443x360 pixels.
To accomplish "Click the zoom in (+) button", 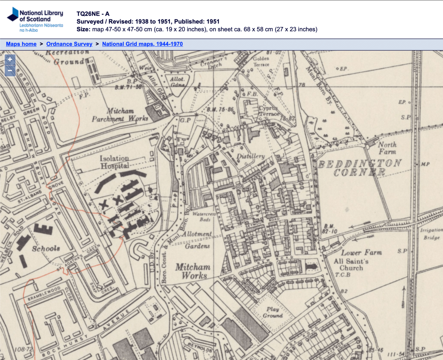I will point(10,60).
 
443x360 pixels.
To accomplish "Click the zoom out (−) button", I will point(10,71).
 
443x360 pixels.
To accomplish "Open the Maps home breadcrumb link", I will point(21,44).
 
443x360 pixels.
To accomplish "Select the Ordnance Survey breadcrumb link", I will point(69,44).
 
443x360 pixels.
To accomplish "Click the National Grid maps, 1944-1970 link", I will point(142,44).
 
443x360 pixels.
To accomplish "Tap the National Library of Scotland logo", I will point(35,20).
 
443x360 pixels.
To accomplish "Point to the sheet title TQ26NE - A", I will point(93,14).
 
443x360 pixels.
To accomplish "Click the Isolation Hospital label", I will point(114,162).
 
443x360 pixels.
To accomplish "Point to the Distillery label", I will point(250,156).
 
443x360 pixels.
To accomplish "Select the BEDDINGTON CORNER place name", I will point(359,168).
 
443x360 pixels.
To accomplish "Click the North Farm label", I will point(387,148).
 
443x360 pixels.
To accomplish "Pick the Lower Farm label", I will point(361,252).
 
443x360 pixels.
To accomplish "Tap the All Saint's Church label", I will point(351,264).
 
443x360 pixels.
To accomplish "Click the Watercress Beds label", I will point(204,217).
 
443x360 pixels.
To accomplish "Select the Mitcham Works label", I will point(193,271).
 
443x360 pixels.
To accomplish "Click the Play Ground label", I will point(272,312).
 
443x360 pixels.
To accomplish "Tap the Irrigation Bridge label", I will point(431,234).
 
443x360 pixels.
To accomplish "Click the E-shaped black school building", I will point(43,228).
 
